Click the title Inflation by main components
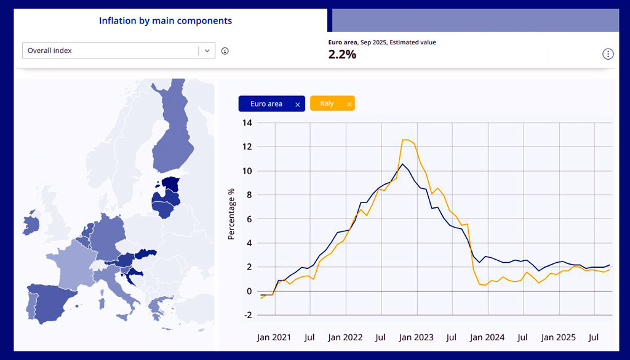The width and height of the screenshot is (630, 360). (x=165, y=21)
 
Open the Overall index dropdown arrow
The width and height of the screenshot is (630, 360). (x=207, y=50)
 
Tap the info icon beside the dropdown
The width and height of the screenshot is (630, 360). (x=225, y=50)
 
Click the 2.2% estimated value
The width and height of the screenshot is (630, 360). (x=342, y=54)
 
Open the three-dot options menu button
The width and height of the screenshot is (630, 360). (x=608, y=54)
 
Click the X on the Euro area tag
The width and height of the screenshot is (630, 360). (x=298, y=105)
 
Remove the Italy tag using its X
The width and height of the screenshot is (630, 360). (x=349, y=105)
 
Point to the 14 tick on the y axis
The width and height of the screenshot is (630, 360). (x=247, y=123)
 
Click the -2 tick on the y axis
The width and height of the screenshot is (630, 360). (x=247, y=315)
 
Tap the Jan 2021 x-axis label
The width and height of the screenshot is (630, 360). (x=274, y=337)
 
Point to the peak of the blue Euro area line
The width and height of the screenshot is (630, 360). (x=402, y=164)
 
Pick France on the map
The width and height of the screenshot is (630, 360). (x=71, y=258)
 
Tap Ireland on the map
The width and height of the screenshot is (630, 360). (x=30, y=224)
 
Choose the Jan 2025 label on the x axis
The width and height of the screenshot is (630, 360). (x=558, y=337)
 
